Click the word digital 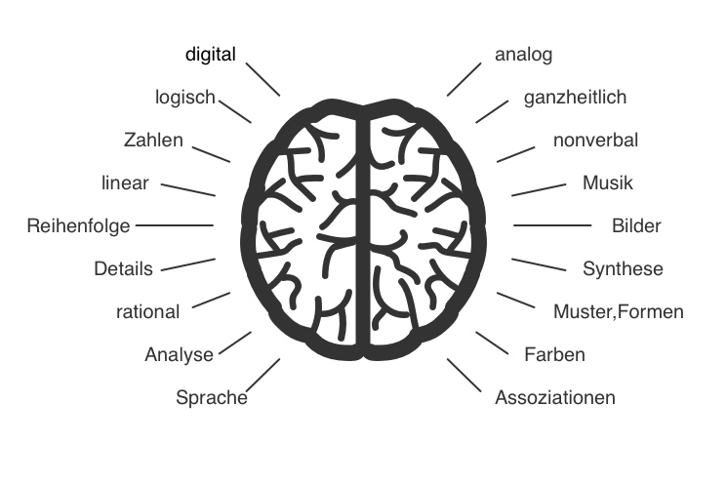[211, 55]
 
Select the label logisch [185, 97]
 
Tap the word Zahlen [153, 140]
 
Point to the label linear [125, 182]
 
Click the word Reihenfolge [79, 226]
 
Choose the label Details [124, 268]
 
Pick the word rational [147, 312]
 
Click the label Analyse [179, 354]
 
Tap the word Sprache [211, 397]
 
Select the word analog [524, 55]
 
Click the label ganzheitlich [575, 98]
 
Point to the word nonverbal [595, 141]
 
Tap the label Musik [608, 182]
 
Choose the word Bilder [636, 226]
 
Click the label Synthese [623, 269]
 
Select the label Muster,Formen [618, 312]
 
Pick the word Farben [554, 354]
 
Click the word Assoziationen [555, 398]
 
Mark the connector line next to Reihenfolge [174, 225]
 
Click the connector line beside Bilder [551, 225]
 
